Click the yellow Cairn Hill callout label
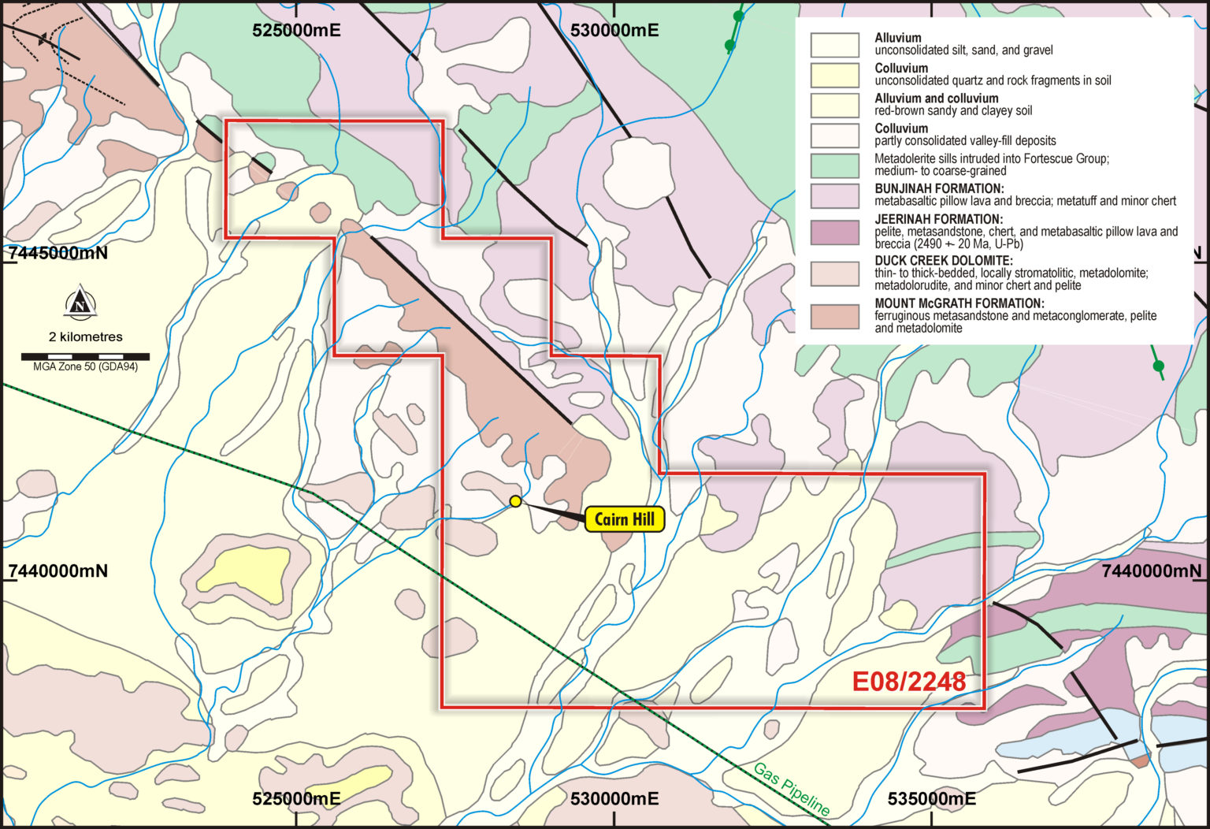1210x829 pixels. [x=624, y=519]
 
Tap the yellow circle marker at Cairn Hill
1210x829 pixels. [x=515, y=501]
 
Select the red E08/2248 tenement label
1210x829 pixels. [x=909, y=682]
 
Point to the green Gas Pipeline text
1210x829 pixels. [x=791, y=789]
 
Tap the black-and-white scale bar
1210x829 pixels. [x=85, y=357]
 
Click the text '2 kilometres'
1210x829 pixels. [x=85, y=336]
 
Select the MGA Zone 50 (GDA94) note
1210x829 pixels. [x=85, y=367]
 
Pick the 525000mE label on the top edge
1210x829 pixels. [x=296, y=30]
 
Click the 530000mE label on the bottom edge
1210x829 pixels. [x=614, y=799]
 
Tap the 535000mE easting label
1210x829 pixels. [x=931, y=799]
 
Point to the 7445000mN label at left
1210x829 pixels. [x=58, y=254]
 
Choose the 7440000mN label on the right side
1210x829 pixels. [x=1151, y=571]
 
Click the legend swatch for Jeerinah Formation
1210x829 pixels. [x=835, y=232]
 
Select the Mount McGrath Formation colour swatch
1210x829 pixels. [x=835, y=316]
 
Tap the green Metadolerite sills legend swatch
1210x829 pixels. [x=835, y=165]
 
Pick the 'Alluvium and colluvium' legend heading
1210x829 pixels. [x=936, y=99]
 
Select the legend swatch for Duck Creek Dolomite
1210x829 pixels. [x=835, y=273]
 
